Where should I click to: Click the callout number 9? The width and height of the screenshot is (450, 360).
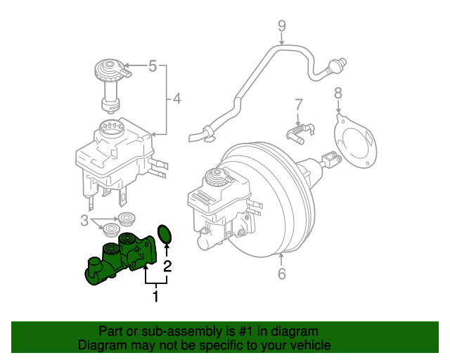[281, 27]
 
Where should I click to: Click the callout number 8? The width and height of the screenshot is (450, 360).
[337, 92]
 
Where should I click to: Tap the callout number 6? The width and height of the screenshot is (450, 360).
[282, 274]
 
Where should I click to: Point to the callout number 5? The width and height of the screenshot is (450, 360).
[153, 67]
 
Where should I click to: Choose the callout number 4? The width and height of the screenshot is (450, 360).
[176, 99]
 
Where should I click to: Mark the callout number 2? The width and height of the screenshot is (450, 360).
[167, 266]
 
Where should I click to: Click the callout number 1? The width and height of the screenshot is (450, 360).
[155, 297]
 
